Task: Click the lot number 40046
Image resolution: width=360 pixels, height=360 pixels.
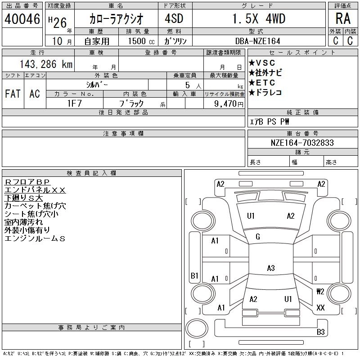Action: click(x=22, y=19)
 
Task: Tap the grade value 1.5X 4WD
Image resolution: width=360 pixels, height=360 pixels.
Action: click(x=259, y=19)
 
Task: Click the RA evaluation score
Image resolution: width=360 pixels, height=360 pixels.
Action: click(x=343, y=19)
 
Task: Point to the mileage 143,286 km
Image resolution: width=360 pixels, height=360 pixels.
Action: click(x=45, y=64)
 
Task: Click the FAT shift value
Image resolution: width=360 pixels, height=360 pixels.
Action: click(x=13, y=94)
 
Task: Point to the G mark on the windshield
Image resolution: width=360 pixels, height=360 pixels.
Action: click(x=257, y=237)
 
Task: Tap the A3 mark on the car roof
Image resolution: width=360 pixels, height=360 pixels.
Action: click(x=271, y=268)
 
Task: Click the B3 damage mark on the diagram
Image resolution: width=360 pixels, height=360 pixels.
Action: click(x=320, y=332)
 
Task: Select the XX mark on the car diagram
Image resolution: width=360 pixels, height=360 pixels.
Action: click(x=320, y=308)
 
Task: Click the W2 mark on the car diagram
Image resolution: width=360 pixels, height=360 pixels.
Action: click(x=320, y=292)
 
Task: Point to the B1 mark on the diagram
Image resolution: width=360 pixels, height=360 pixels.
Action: click(x=194, y=275)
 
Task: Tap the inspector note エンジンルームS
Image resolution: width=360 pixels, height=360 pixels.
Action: click(x=35, y=238)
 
